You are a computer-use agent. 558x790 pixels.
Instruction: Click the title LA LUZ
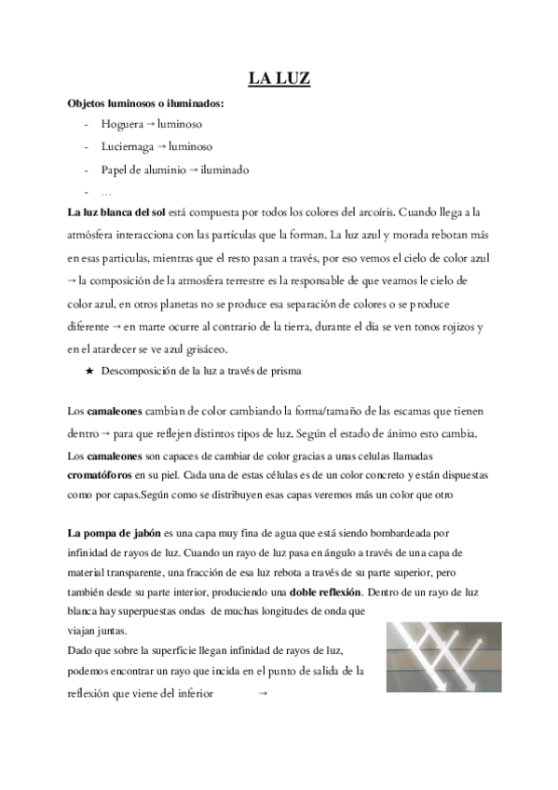279,80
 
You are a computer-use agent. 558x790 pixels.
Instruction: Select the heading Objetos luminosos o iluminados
144,102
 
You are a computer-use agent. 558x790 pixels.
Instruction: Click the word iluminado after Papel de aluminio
225,170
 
